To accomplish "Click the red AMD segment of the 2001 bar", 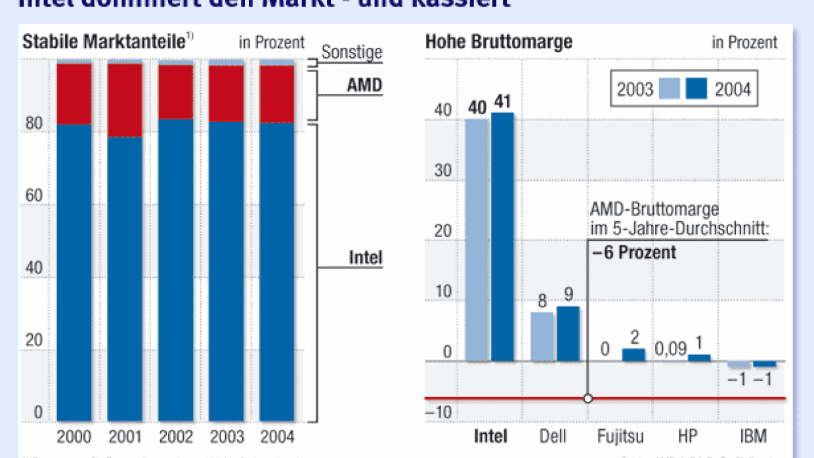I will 125,100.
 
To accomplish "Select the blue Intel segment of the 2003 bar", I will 226,269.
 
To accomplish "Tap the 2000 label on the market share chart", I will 74,437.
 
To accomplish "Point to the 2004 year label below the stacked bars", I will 277,437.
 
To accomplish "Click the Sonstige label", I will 352,52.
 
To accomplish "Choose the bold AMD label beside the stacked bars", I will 364,86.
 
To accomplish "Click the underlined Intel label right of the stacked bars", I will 365,258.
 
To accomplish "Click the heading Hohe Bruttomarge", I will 499,42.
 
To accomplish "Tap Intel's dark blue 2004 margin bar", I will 503,236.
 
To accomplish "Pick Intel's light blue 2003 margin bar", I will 477,239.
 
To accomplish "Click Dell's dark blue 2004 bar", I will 568,333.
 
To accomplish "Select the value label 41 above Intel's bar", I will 503,102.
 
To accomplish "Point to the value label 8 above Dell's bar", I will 542,301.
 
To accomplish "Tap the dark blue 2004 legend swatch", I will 696,89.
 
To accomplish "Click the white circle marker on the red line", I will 588,398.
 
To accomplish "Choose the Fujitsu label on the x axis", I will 620,437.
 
